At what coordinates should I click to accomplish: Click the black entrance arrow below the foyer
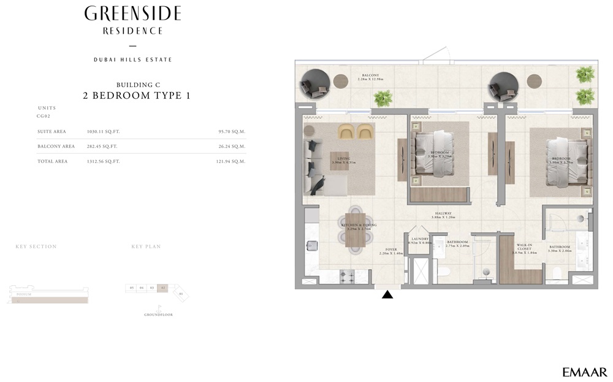pos(387,294)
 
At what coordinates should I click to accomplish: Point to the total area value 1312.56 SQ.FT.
pos(103,161)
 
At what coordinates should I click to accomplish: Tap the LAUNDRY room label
pos(419,240)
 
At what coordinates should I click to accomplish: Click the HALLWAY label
pos(443,215)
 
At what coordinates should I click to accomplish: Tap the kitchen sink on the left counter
pos(311,246)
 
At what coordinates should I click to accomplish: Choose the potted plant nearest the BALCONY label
pos(383,97)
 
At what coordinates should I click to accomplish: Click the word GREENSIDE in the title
pos(132,13)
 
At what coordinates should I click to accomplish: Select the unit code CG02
pos(44,115)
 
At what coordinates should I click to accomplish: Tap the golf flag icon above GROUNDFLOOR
pos(159,307)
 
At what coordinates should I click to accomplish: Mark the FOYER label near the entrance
pos(390,250)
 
